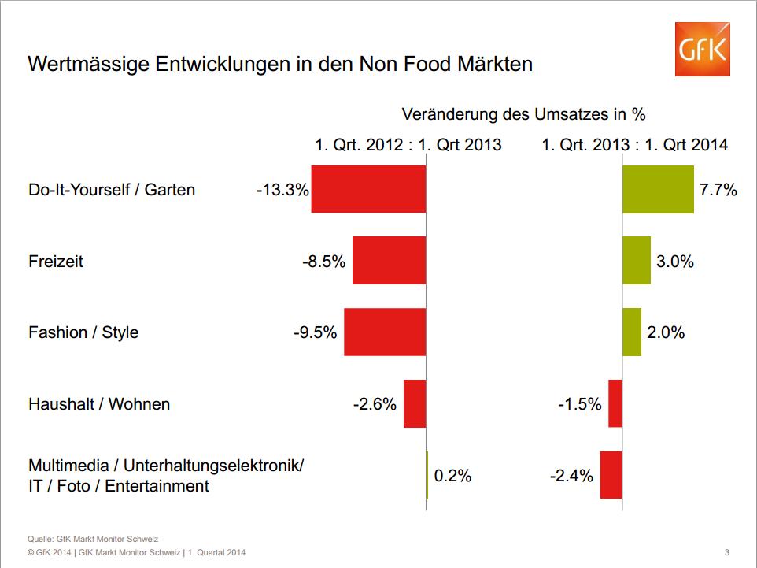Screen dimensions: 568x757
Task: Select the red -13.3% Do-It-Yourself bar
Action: pos(368,189)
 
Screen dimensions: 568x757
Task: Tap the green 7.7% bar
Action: pos(658,189)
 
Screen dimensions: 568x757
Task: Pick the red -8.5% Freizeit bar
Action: pos(389,260)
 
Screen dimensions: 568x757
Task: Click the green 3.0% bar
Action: pos(636,260)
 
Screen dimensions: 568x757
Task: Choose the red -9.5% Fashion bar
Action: pos(385,332)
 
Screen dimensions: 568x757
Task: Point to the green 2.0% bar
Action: pos(631,332)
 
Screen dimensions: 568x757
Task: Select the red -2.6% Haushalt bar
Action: pos(415,403)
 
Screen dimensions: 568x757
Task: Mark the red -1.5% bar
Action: pos(615,403)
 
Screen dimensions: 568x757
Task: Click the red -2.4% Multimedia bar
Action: pos(611,475)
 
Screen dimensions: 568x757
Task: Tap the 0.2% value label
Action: pos(452,476)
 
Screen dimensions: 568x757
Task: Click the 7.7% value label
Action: pos(718,190)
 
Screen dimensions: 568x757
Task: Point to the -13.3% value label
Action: pos(282,190)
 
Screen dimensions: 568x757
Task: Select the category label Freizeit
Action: pos(56,262)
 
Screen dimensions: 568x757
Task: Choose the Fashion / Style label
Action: pos(83,332)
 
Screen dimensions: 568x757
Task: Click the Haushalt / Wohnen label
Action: pos(99,404)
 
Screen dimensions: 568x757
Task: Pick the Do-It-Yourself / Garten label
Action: pos(112,190)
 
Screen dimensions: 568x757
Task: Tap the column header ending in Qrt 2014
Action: pos(634,145)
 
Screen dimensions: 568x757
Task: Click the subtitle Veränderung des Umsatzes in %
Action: pos(523,114)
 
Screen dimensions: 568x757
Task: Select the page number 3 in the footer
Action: pos(726,552)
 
